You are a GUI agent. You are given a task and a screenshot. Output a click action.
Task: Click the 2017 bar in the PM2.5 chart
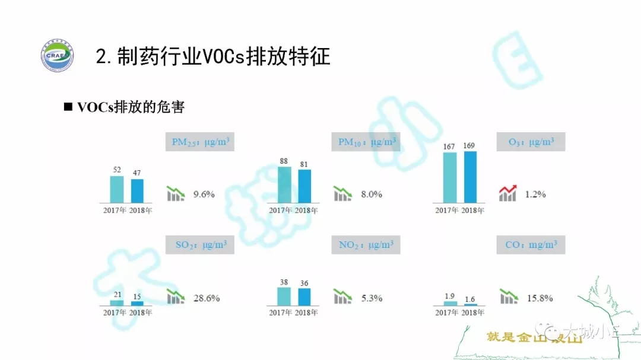click(x=117, y=189)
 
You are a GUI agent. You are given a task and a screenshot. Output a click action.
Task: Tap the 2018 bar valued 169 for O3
click(x=470, y=177)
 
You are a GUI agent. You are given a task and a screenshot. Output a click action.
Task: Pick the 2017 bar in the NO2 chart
click(x=284, y=296)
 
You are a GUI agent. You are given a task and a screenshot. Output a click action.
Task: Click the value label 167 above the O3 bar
click(x=449, y=146)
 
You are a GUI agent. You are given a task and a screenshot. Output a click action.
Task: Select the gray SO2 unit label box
click(x=201, y=245)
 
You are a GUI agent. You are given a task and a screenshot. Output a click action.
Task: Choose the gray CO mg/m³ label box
click(x=531, y=245)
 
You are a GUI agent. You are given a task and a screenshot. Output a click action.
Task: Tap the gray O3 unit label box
click(x=531, y=142)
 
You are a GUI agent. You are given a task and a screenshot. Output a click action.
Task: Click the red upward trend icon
click(x=508, y=193)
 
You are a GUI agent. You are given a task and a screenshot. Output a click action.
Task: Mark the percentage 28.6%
click(x=207, y=298)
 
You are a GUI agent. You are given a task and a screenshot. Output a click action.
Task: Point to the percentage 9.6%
click(x=204, y=194)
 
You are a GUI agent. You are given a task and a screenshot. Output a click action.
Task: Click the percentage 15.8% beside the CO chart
click(x=540, y=298)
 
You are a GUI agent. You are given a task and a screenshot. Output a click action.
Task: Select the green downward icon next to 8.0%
click(x=342, y=193)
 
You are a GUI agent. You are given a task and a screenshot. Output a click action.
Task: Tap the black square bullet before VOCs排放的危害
click(x=68, y=107)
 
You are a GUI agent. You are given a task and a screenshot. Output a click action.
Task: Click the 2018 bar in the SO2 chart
click(x=137, y=303)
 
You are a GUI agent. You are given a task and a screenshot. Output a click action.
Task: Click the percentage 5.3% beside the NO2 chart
click(x=372, y=298)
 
